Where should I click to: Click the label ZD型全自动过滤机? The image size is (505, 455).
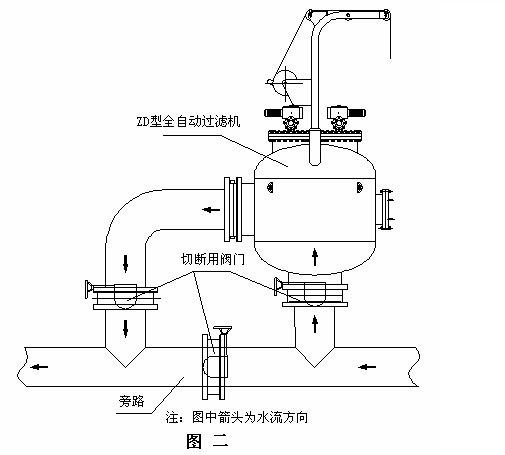(x=188, y=121)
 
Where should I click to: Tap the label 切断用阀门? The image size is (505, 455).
(x=213, y=259)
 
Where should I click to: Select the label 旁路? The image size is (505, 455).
(x=131, y=401)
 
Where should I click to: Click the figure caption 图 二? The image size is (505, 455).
(x=207, y=441)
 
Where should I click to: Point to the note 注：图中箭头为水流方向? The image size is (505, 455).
(x=237, y=417)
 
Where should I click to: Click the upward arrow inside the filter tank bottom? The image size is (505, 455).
(x=315, y=257)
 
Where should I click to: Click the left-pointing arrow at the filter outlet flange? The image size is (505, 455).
(x=211, y=210)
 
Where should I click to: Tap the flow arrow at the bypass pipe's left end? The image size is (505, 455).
(x=39, y=367)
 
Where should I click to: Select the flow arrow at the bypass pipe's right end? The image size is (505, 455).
(x=367, y=367)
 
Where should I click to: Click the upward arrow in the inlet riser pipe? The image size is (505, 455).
(x=315, y=324)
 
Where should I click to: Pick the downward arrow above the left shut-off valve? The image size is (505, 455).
(x=125, y=263)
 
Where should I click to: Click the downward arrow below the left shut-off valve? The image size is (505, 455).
(x=125, y=328)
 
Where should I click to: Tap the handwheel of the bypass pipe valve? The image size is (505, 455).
(x=223, y=329)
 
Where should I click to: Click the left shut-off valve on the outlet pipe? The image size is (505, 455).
(x=123, y=296)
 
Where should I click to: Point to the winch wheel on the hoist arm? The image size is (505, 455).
(x=284, y=82)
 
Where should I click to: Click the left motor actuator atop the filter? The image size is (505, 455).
(x=284, y=118)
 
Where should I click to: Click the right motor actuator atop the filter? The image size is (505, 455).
(x=346, y=118)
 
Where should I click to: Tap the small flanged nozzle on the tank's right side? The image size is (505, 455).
(x=385, y=209)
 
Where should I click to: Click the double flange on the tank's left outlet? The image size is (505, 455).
(x=233, y=209)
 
